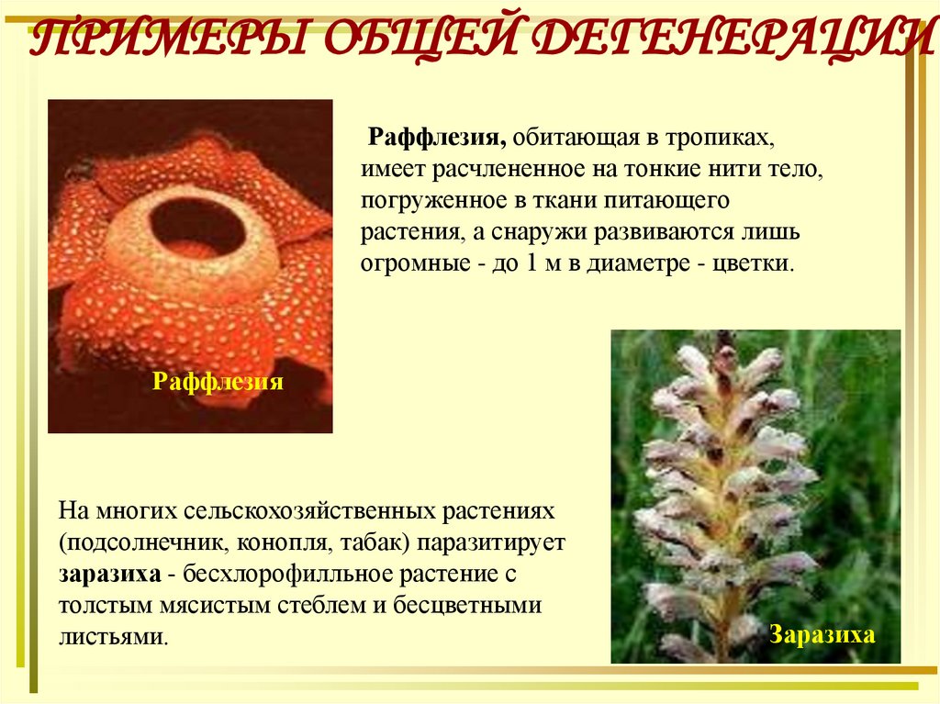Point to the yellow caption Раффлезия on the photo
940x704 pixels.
217,381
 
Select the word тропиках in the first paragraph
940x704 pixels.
722,138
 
